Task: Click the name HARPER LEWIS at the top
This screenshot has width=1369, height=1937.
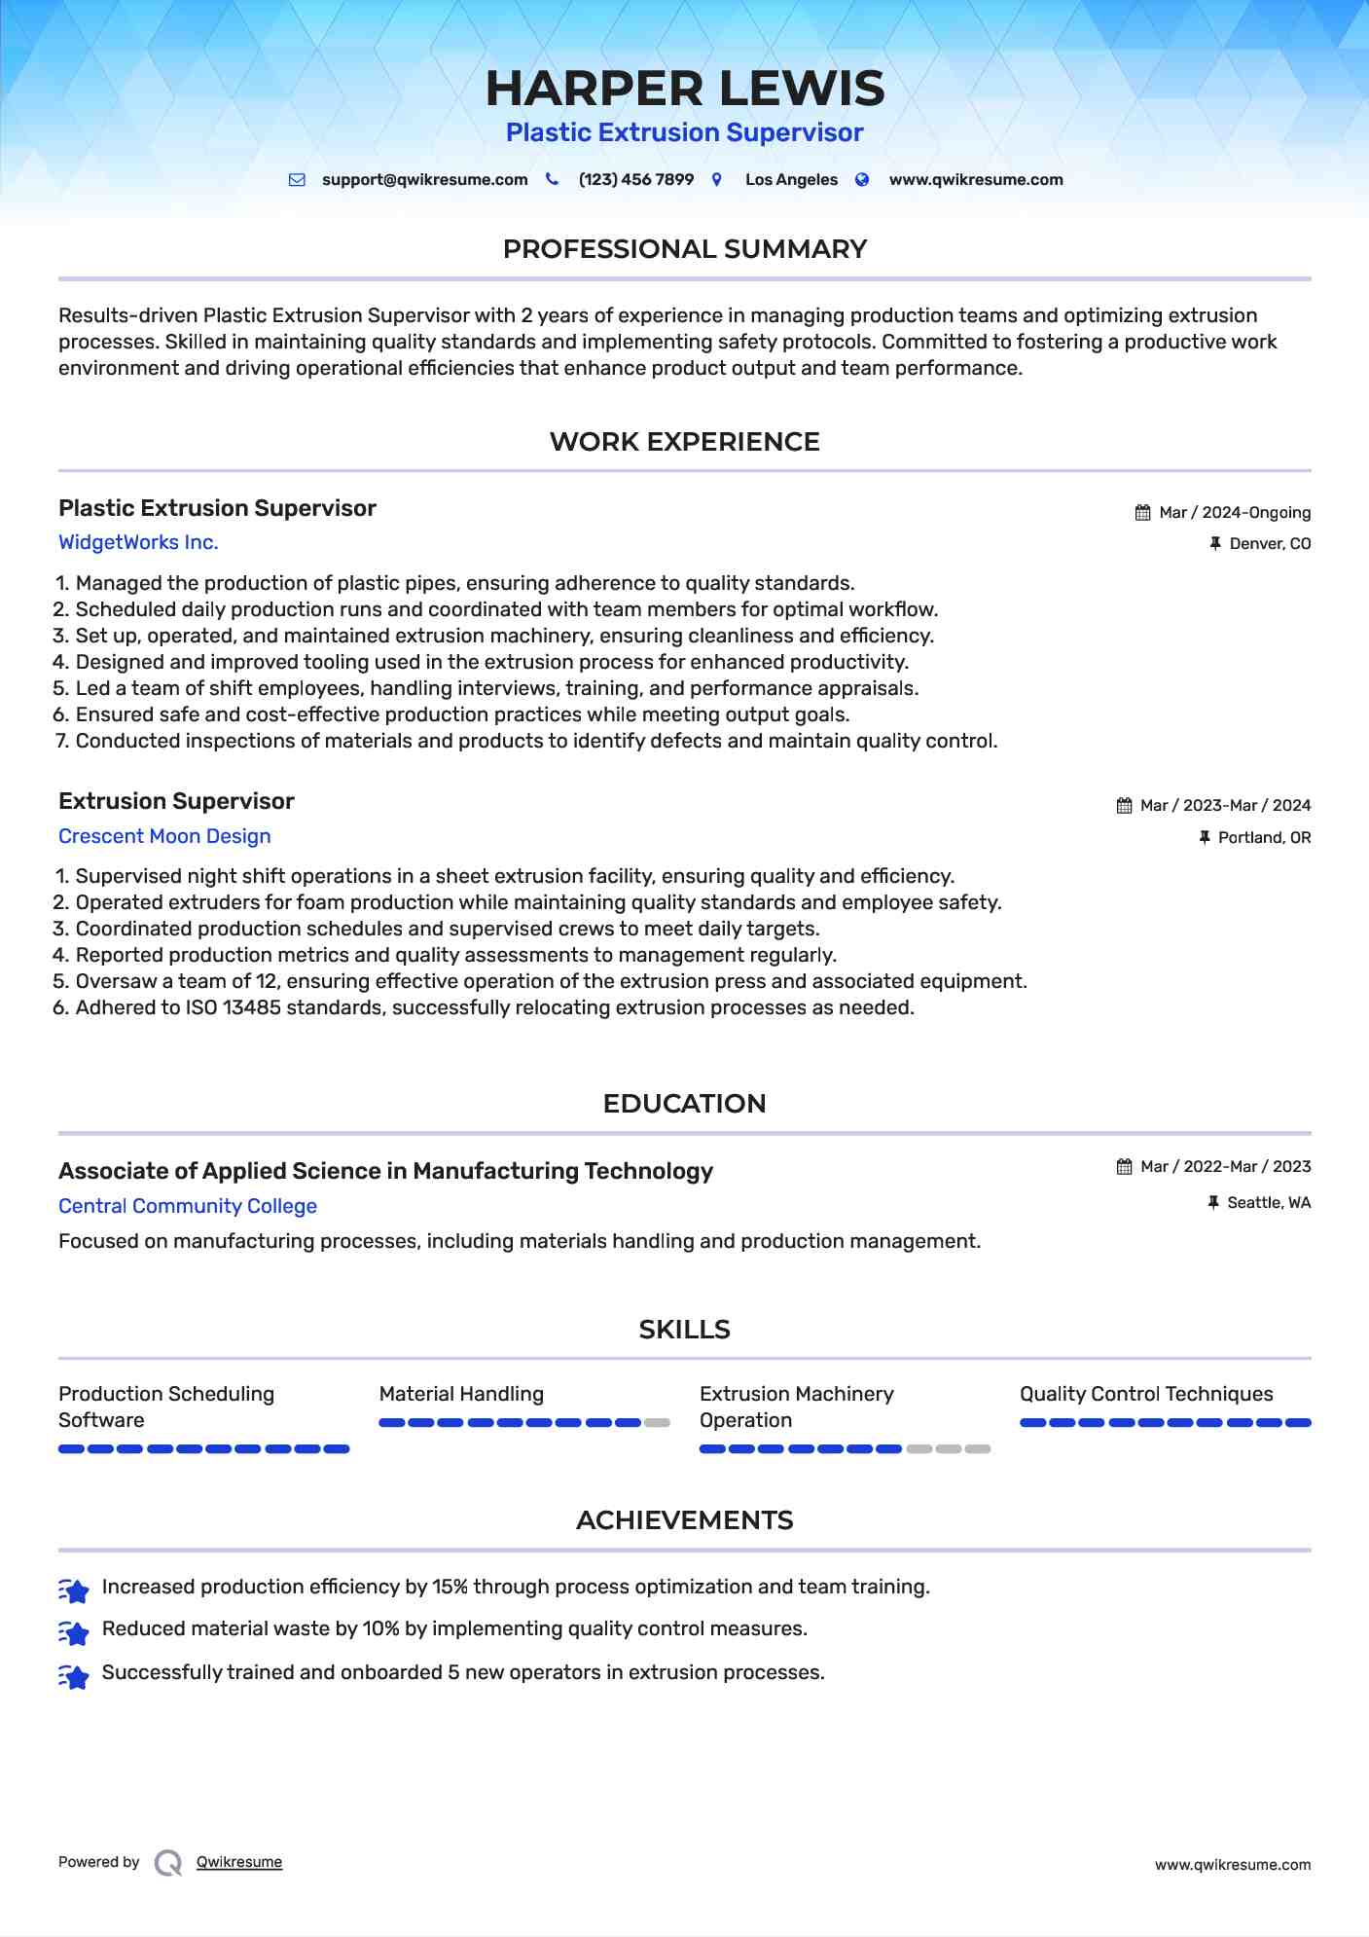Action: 684,89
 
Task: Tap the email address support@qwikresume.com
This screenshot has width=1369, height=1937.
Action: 424,180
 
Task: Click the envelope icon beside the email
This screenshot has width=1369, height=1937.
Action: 297,180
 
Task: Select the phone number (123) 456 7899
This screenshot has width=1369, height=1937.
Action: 635,180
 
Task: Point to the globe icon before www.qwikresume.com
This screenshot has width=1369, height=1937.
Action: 862,180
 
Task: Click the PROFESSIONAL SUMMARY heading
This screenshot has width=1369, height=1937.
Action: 684,249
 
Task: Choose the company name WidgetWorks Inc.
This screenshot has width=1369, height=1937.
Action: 138,543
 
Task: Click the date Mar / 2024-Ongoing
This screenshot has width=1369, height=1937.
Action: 1235,513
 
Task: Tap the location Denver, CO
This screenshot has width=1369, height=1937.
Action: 1270,544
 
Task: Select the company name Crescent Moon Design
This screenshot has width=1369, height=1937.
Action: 164,836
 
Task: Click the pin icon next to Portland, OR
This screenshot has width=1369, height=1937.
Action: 1205,837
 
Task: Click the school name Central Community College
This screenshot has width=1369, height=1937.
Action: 188,1206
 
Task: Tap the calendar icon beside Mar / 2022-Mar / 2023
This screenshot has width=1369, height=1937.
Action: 1124,1167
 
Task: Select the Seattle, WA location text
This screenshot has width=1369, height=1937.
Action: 1269,1203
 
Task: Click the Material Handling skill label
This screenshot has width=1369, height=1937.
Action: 461,1394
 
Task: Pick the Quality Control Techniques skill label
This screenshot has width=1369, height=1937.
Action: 1146,1394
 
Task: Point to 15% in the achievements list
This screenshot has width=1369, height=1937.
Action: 450,1587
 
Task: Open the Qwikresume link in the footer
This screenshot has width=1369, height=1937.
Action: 239,1862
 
